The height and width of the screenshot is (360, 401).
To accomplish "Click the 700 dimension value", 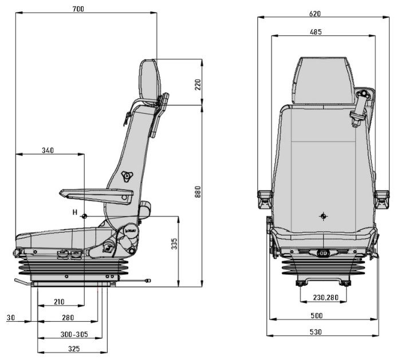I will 80,9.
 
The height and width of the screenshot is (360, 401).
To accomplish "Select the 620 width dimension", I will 315,13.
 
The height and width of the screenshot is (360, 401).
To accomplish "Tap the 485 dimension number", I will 315,32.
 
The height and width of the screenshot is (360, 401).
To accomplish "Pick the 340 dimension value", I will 48,151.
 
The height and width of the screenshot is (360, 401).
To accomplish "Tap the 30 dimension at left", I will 11,317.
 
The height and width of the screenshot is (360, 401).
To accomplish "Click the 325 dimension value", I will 72,349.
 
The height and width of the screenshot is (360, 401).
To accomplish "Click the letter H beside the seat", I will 74,212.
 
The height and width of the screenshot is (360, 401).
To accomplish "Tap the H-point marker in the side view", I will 84,216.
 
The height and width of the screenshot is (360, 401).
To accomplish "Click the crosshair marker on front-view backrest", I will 324,216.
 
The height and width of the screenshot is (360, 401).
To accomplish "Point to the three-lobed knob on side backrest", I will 126,177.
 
